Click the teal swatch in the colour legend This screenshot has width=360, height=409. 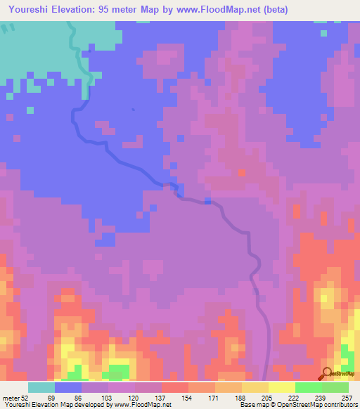click(41, 387)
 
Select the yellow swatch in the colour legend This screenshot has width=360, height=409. click(281, 387)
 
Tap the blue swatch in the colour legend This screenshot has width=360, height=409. click(67, 387)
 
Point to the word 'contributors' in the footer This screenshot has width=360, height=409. click(340, 405)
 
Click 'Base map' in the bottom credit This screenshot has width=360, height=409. click(251, 405)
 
